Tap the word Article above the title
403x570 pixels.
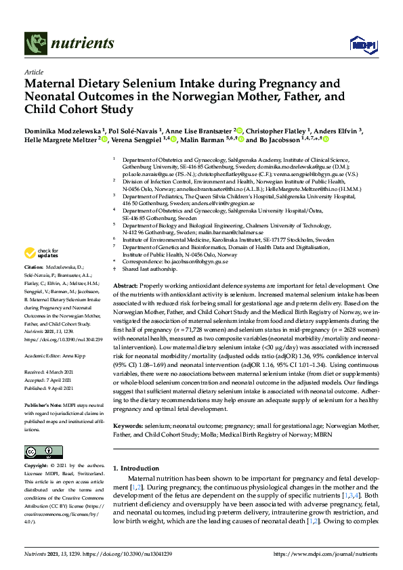(34, 71)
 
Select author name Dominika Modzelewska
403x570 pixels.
(63, 130)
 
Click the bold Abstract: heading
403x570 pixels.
(126, 287)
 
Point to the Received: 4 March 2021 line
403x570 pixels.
(51, 372)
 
